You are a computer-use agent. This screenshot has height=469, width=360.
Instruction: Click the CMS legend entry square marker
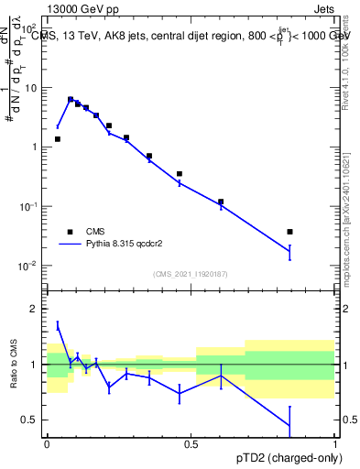coord(70,232)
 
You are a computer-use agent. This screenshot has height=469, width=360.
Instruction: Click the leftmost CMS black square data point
coord(58,139)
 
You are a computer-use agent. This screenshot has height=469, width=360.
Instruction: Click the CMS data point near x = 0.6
coord(221,202)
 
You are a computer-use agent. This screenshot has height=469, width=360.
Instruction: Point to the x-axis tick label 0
coord(47,444)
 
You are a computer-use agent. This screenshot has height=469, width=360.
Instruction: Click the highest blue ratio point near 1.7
coord(58,325)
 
